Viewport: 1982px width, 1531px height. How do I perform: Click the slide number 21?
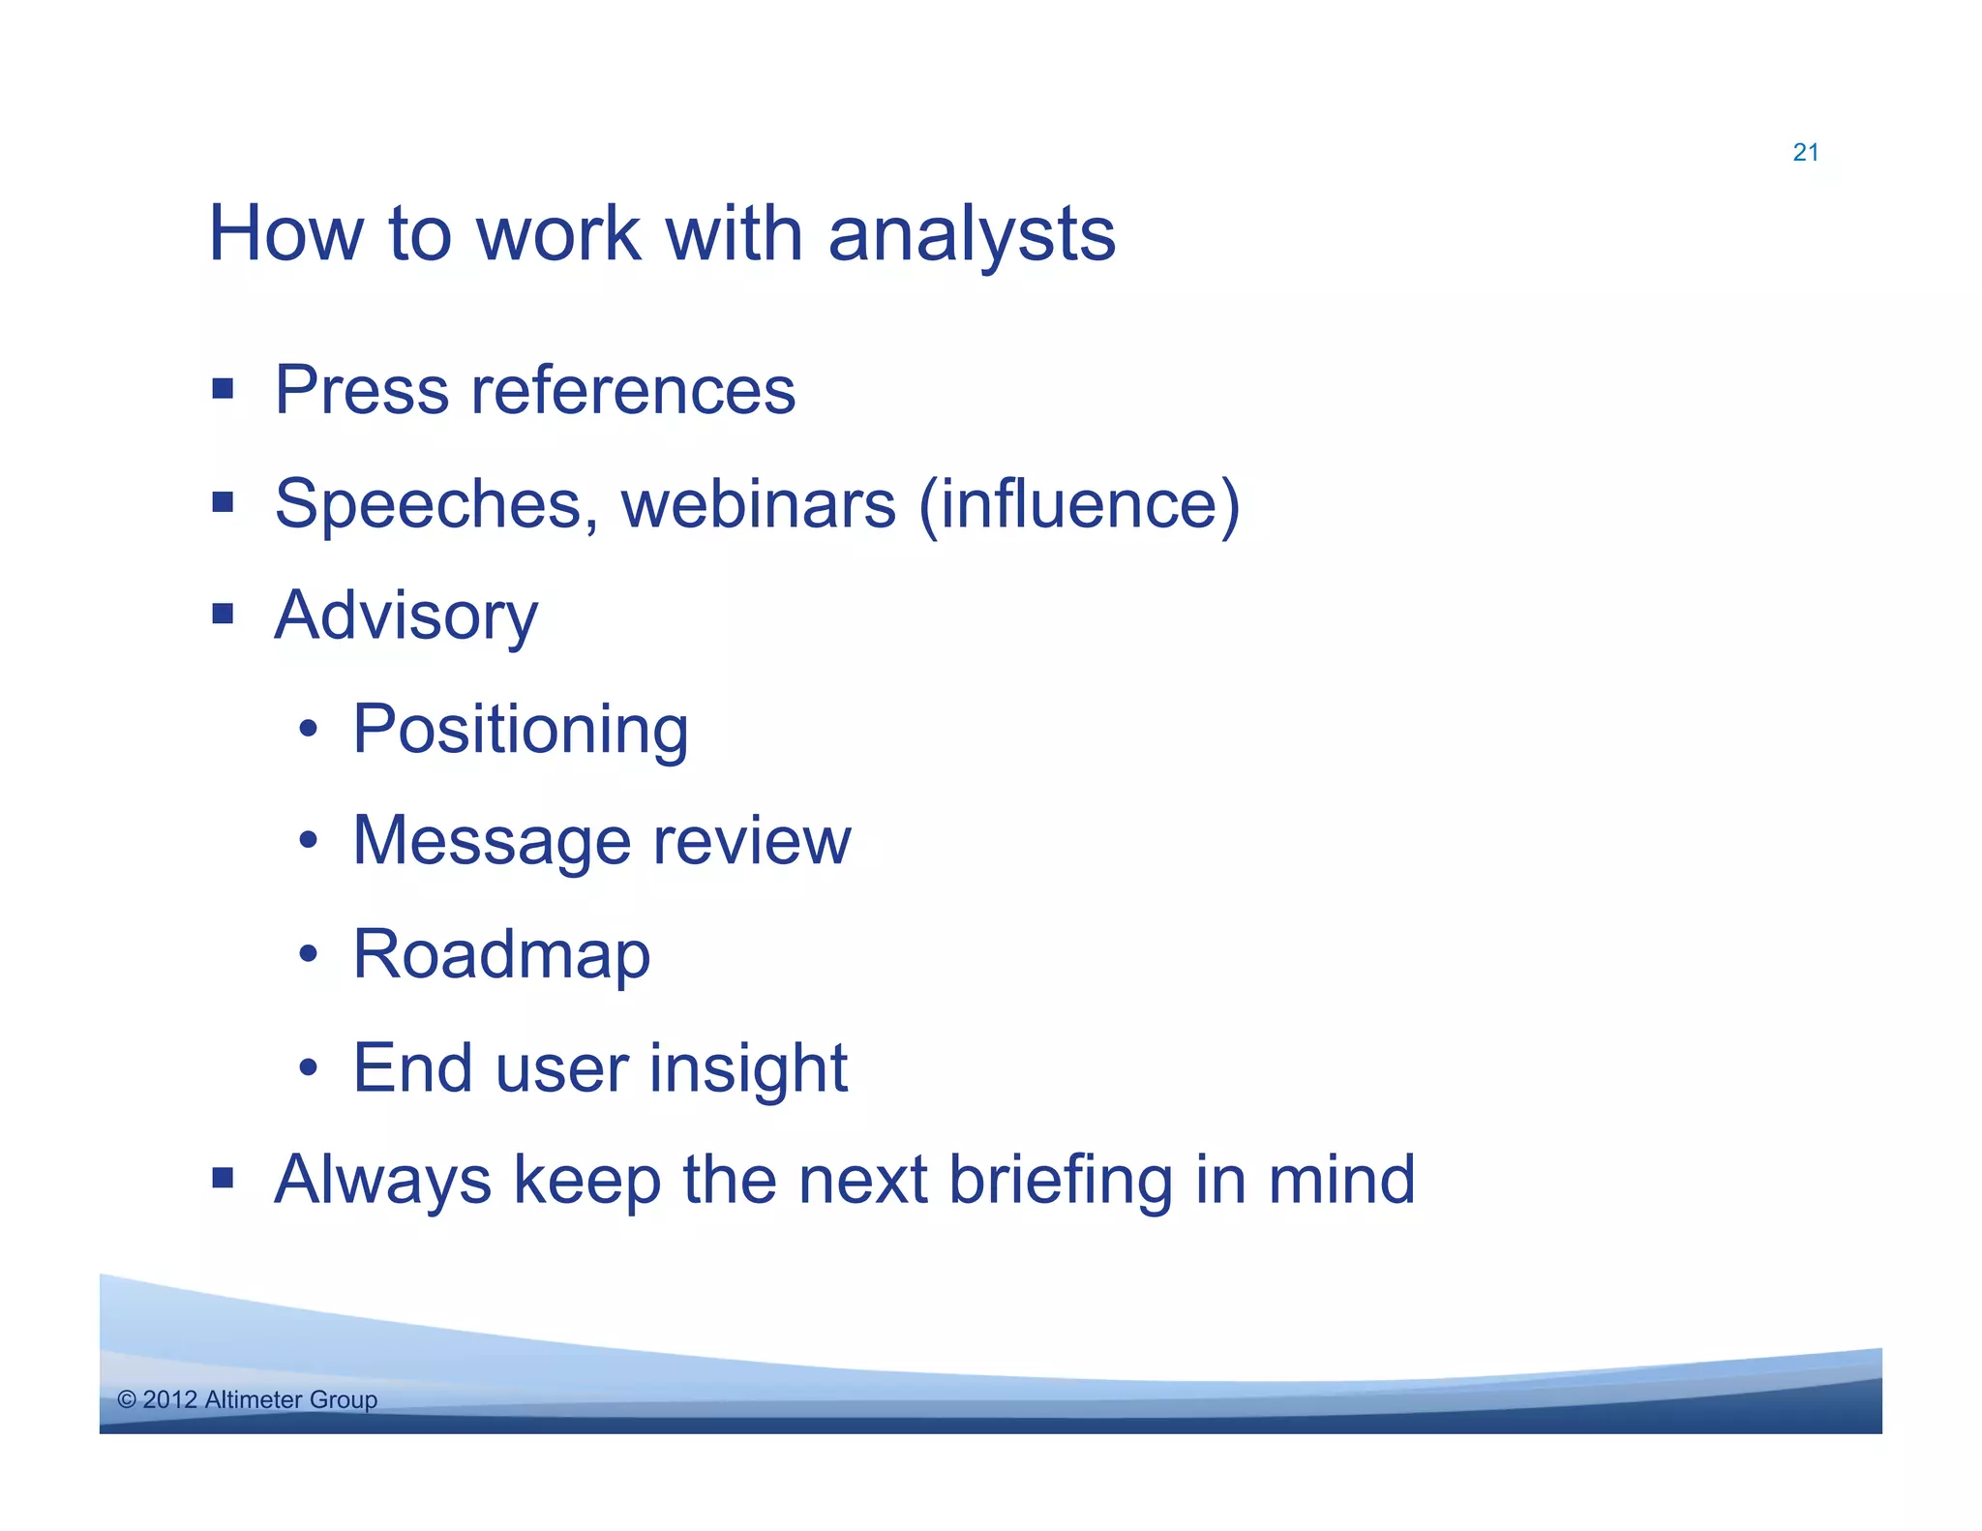click(x=1805, y=153)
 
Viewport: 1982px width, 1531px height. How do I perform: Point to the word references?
click(x=633, y=390)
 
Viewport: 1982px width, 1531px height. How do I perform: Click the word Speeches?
click(x=435, y=504)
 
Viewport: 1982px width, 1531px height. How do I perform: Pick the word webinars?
click(x=759, y=504)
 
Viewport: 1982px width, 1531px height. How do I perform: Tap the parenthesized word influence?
click(x=1078, y=504)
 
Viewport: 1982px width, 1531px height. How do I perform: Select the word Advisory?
click(x=405, y=616)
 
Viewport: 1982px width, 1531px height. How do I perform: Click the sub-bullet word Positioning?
click(x=521, y=730)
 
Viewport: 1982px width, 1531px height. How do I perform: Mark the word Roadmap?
click(x=501, y=955)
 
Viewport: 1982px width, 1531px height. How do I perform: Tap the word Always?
click(x=383, y=1180)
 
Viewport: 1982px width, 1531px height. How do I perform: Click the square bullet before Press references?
click(x=224, y=390)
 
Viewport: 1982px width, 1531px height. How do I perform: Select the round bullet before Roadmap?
click(x=308, y=955)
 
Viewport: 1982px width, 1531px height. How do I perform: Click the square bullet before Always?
click(x=224, y=1178)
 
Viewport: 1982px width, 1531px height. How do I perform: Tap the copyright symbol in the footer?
click(x=127, y=1399)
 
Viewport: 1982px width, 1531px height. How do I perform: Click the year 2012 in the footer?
click(x=169, y=1399)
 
